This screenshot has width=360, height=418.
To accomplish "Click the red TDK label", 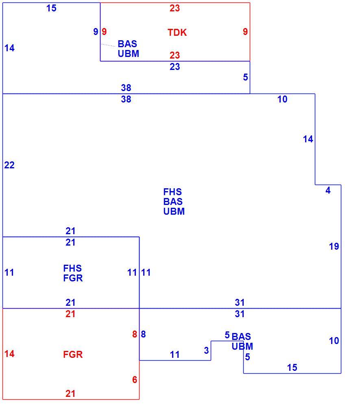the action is [177, 33].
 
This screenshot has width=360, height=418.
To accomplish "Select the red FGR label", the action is [73, 355].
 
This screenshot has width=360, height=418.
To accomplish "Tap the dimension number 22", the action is [9, 165].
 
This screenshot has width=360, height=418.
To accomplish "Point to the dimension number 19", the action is [334, 246].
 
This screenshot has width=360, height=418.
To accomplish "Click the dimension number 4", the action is [328, 190].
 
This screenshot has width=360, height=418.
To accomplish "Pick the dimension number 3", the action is [206, 350].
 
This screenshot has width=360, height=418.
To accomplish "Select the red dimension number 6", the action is [135, 380].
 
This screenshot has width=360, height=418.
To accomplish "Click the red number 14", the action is [9, 354].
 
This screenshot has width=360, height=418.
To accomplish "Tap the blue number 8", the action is [143, 334].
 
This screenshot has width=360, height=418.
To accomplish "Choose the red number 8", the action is [135, 334].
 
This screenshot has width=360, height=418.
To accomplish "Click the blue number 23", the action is [175, 67].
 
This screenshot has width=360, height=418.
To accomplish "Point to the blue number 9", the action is [96, 32].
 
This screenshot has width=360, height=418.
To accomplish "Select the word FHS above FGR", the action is [72, 268].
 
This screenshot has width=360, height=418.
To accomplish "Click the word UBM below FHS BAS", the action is [174, 211].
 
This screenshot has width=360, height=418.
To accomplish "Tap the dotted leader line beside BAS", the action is [108, 45].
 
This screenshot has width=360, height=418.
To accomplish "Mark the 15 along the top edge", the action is [51, 8].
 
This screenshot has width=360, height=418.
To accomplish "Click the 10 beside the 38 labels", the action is [282, 100].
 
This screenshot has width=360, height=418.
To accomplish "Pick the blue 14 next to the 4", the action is [308, 139].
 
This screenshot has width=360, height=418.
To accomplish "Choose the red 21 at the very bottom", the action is [70, 394].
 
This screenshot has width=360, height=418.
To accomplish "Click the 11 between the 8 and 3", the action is [175, 355].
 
